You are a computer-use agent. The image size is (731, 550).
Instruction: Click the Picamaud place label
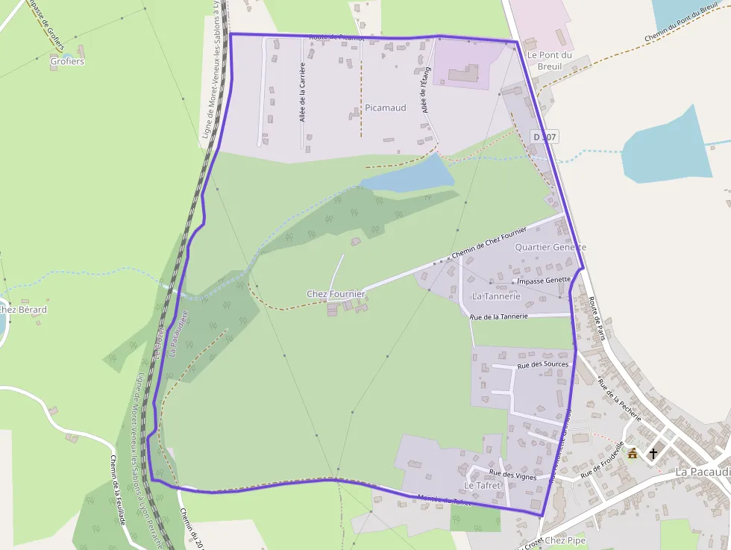[x=386, y=107]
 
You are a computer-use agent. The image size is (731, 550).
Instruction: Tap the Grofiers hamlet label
[x=67, y=61]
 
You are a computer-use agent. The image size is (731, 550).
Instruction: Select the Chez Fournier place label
[x=336, y=294]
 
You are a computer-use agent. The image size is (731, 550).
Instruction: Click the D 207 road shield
[x=545, y=137]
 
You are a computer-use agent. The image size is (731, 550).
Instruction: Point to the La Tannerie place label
[x=496, y=296]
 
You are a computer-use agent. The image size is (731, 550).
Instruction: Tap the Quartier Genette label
[x=550, y=247]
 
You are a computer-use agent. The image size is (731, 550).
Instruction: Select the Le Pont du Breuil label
[x=549, y=60]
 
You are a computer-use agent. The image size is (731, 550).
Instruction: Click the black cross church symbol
[x=653, y=453]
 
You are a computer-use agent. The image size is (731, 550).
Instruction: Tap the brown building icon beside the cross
[x=633, y=453]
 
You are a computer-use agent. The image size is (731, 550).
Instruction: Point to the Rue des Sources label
[x=543, y=364]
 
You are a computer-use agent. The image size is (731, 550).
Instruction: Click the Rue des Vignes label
[x=512, y=475]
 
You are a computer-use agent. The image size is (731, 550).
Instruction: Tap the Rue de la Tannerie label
[x=498, y=316]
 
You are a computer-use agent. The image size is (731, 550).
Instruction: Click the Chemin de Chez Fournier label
[x=489, y=243]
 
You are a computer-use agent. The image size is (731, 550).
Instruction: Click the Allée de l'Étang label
[x=426, y=90]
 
